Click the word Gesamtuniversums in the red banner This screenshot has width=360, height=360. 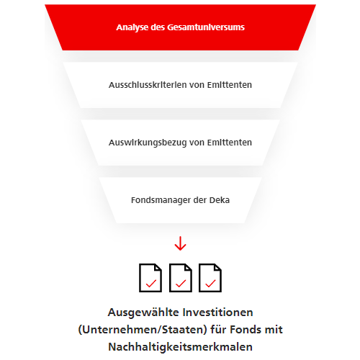(x=206, y=27)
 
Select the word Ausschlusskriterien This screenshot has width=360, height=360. (x=147, y=85)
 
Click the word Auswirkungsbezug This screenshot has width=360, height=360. (x=148, y=143)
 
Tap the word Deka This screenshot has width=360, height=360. (x=220, y=200)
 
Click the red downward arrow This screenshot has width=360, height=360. (x=180, y=243)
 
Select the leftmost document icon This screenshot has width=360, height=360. (x=150, y=278)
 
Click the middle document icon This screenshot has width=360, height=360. (x=181, y=278)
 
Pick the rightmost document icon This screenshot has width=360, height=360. (x=210, y=278)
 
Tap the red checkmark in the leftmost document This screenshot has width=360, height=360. (x=151, y=284)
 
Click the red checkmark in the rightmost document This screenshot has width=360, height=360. (x=211, y=284)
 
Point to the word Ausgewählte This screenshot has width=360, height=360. (x=143, y=312)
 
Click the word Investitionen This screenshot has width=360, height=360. (x=218, y=312)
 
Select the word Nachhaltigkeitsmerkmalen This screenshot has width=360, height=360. (x=180, y=347)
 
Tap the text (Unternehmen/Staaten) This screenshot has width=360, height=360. (x=143, y=330)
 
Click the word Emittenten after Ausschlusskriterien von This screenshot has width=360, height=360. (x=230, y=85)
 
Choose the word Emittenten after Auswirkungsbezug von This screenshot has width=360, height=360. (x=230, y=143)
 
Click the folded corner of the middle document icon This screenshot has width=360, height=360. (x=187, y=268)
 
